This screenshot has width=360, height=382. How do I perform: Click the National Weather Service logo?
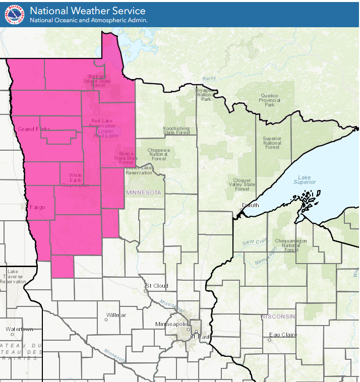pyautogui.click(x=14, y=15)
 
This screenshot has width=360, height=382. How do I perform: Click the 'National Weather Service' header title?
pyautogui.click(x=87, y=11)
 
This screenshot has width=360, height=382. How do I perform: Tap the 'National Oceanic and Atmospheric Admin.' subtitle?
pyautogui.click(x=88, y=20)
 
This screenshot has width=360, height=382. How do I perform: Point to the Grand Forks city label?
pyautogui.click(x=34, y=129)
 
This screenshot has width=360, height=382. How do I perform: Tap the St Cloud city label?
pyautogui.click(x=157, y=286)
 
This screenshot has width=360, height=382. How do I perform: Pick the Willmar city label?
pyautogui.click(x=116, y=315)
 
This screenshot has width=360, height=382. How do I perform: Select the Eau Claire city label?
pyautogui.click(x=283, y=335)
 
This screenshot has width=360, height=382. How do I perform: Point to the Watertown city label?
pyautogui.click(x=19, y=329)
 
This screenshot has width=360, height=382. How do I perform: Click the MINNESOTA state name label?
pyautogui.click(x=143, y=193)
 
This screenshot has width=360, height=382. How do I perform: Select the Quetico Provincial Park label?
pyautogui.click(x=270, y=100)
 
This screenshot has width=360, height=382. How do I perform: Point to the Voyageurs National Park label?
pyautogui.click(x=205, y=94)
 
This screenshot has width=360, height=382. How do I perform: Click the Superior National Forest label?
pyautogui.click(x=272, y=143)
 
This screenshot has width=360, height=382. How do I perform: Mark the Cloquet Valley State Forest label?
pyautogui.click(x=242, y=184)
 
